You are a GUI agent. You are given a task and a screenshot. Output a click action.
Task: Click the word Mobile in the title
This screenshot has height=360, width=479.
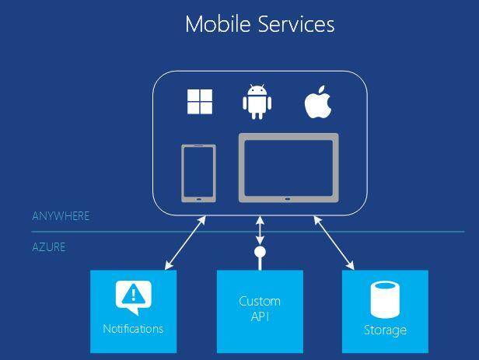click(218, 24)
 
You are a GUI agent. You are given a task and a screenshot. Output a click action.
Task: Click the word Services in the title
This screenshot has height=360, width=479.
click(296, 24)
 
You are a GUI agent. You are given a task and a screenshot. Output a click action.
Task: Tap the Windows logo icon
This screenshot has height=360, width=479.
click(200, 102)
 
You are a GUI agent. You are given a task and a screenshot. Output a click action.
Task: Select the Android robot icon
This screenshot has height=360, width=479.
click(257, 102)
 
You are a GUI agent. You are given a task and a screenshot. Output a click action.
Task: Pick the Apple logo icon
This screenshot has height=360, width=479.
click(318, 102)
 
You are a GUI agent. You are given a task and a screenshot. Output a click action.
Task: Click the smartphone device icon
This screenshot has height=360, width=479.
click(199, 173)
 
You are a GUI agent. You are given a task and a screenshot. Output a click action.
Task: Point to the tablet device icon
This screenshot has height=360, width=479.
click(288, 168)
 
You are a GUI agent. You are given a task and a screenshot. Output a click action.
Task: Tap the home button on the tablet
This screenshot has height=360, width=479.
click(288, 199)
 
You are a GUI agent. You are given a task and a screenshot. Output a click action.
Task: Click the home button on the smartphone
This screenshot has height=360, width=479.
click(199, 199)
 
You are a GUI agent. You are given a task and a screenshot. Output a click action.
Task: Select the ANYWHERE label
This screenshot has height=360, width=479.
click(61, 216)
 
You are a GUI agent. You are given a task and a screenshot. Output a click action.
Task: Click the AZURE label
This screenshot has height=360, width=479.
click(49, 247)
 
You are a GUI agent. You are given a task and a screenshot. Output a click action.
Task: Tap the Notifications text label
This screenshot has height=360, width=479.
click(133, 329)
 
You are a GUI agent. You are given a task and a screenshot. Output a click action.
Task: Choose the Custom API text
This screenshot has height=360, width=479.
click(260, 309)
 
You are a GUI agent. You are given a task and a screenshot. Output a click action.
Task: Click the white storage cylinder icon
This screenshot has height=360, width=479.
click(385, 300)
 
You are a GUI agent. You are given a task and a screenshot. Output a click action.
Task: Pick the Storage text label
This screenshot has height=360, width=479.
click(385, 330)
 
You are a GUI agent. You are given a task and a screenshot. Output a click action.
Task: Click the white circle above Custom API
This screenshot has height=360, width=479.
click(260, 252)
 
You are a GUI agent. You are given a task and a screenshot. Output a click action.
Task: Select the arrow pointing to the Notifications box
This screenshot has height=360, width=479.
click(185, 243)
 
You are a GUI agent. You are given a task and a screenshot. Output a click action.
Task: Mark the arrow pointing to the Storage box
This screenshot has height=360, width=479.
click(334, 243)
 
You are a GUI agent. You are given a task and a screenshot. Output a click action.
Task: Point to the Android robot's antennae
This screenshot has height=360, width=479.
click(257, 86)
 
